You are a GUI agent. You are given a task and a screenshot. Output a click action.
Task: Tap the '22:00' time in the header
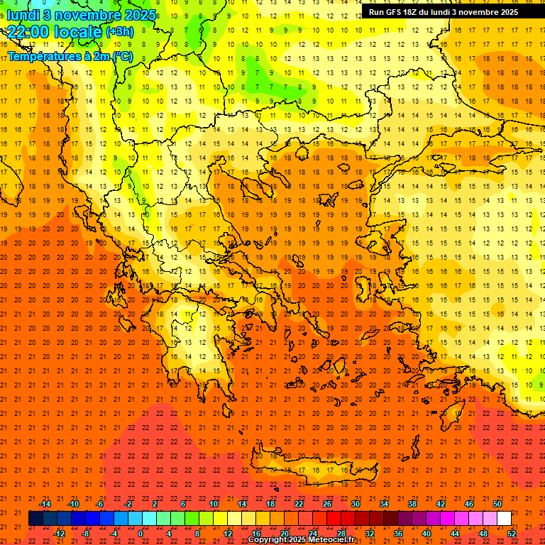28,31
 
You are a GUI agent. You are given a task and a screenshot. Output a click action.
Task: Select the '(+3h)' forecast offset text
119,32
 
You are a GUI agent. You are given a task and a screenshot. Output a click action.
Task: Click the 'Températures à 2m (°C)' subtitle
70,56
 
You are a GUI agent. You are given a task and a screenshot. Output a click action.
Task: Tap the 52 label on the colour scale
512,533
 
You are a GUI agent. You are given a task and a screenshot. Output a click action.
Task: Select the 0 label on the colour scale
141,533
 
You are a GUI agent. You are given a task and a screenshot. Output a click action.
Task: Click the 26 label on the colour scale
327,504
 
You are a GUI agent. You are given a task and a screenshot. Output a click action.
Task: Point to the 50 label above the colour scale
497,504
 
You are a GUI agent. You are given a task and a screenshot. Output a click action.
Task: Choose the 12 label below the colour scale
228,533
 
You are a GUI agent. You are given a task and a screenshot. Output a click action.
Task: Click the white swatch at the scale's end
504,519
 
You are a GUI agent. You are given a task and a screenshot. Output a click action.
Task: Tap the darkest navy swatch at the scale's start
35,519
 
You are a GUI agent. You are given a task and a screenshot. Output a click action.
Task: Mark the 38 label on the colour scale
412,504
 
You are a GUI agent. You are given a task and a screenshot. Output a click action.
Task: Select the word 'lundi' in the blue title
22,15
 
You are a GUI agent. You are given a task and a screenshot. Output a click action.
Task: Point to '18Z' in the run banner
417,12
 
